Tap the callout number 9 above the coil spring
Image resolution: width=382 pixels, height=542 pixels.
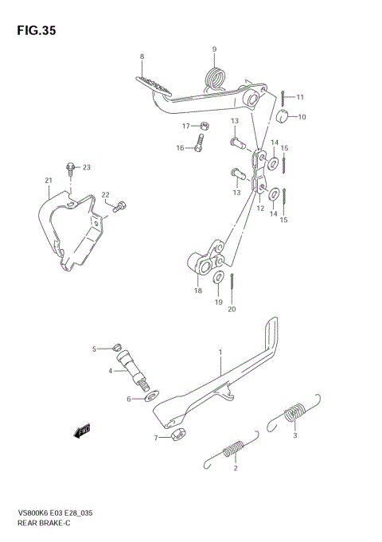(214, 50)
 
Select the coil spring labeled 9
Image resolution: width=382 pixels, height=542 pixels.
(215, 78)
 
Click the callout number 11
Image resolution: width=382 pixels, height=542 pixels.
(300, 97)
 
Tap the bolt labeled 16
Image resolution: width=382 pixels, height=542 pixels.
(200, 145)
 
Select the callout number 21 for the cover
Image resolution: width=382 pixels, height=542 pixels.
(48, 181)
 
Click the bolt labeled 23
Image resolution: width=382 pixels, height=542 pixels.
(72, 168)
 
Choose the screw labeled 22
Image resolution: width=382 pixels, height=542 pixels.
(119, 208)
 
